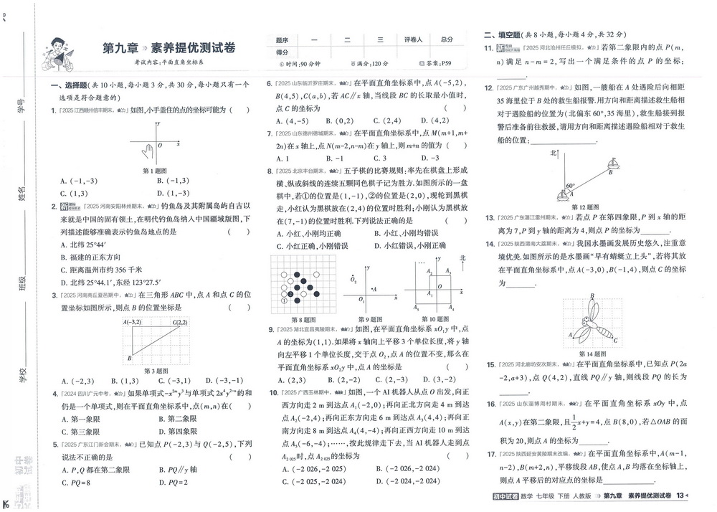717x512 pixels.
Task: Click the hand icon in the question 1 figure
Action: click(148, 150)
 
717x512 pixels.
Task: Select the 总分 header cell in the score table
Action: click(447, 40)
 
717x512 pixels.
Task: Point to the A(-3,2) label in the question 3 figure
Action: click(133, 323)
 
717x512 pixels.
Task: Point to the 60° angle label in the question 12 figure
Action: click(571, 186)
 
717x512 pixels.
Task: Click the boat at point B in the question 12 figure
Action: click(612, 166)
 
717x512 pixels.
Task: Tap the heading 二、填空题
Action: click(501, 34)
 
